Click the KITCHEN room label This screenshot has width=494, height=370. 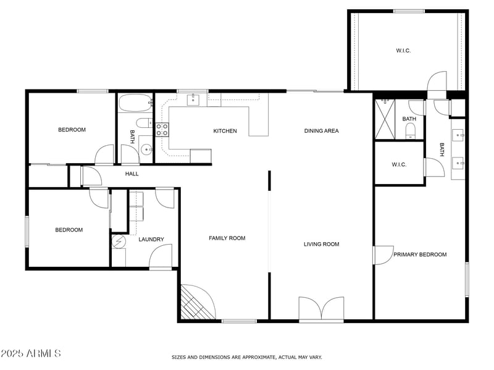[225, 131]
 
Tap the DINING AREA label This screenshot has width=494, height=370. [321, 131]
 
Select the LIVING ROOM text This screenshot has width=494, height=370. [321, 244]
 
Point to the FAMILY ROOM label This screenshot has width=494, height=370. [227, 238]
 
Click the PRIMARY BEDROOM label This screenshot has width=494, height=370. [420, 254]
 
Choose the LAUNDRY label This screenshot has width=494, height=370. [151, 240]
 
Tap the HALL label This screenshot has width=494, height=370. [132, 174]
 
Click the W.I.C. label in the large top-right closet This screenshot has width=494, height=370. [403, 51]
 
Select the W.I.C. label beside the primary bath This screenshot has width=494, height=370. [398, 164]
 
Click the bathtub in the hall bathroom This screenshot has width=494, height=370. [134, 103]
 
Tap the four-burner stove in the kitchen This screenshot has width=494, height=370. [162, 129]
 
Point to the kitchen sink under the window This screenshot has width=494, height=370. [192, 99]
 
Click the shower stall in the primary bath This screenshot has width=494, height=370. [385, 119]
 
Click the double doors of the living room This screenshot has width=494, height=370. [321, 308]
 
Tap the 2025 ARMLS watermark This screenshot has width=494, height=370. [30, 353]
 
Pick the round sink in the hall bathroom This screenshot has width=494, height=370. [146, 149]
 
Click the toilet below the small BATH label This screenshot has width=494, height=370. [410, 130]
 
